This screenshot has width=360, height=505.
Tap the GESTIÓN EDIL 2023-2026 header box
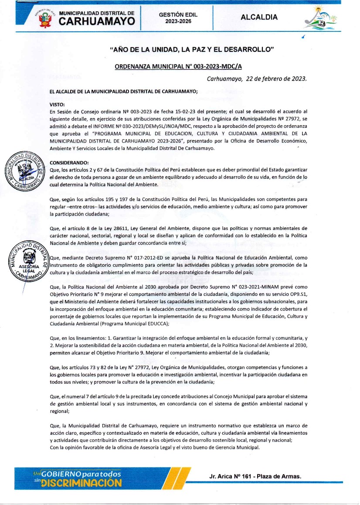[178, 17]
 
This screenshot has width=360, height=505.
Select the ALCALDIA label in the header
[259, 17]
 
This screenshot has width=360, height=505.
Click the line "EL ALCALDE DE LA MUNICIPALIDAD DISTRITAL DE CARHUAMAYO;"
[124, 92]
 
